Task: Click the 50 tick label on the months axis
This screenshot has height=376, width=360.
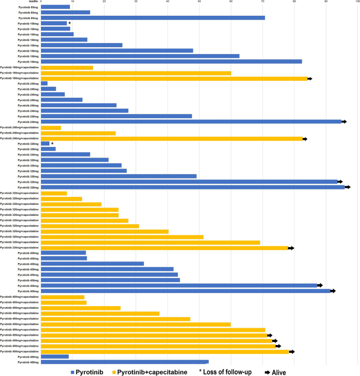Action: pyautogui.click(x=199, y=2)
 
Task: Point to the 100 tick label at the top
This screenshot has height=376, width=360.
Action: pyautogui.click(x=357, y=2)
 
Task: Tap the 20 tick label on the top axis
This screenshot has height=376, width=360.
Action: pyautogui.click(x=104, y=2)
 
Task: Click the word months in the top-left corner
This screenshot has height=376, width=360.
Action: pyautogui.click(x=31, y=2)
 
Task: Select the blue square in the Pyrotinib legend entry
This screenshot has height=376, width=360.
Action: pyautogui.click(x=74, y=372)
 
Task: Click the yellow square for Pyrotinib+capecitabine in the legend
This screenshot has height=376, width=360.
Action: pyautogui.click(x=114, y=372)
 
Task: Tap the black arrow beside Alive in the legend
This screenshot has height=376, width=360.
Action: pyautogui.click(x=267, y=372)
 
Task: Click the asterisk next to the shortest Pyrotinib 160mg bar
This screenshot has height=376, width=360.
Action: pyautogui.click(x=69, y=23)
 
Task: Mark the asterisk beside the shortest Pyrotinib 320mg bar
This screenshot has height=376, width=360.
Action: pyautogui.click(x=52, y=143)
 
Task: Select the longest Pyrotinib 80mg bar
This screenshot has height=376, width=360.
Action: pyautogui.click(x=152, y=17)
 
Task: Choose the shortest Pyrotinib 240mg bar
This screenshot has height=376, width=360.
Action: pyautogui.click(x=44, y=83)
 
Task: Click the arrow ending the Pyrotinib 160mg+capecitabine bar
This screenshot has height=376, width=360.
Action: pyautogui.click(x=310, y=78)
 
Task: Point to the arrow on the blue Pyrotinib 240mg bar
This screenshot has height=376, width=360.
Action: pyautogui.click(x=344, y=122)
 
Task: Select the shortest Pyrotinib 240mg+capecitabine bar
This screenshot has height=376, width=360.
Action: pyautogui.click(x=50, y=128)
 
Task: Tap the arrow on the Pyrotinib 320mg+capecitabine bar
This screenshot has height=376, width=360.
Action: pyautogui.click(x=291, y=248)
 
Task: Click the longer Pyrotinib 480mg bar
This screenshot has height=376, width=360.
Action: pyautogui.click(x=125, y=361)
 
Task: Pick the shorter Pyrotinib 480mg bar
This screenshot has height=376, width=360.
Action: pyautogui.click(x=55, y=356)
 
